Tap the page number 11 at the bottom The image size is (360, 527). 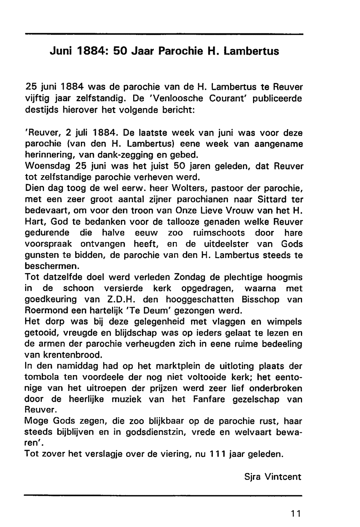point(296,513)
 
